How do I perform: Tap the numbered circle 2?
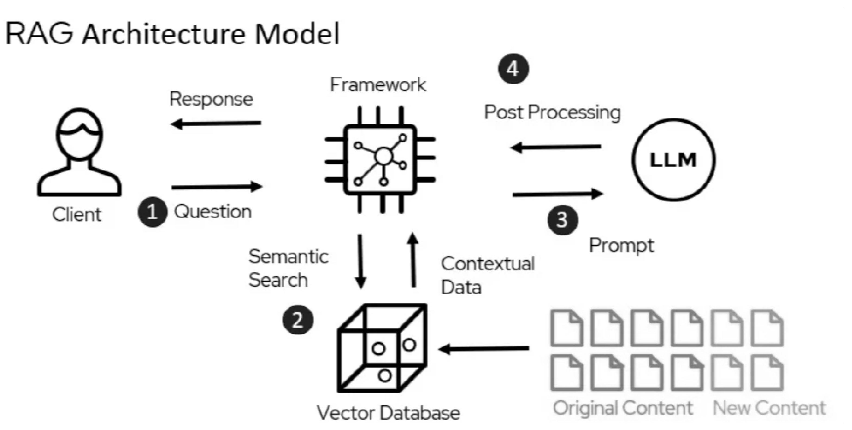(x=298, y=320)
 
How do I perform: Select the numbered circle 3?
(x=563, y=220)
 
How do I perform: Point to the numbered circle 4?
(x=513, y=69)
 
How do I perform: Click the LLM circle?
(x=673, y=160)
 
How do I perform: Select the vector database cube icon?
(x=382, y=348)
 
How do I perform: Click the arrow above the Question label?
(x=217, y=187)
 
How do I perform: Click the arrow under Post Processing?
(x=556, y=147)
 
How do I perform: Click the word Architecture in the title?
(x=164, y=34)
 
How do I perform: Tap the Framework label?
(x=378, y=85)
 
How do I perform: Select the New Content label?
(x=769, y=408)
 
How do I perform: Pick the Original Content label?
(x=623, y=408)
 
